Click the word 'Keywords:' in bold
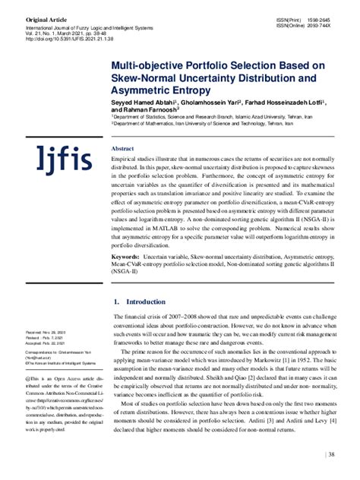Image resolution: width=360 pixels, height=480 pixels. pyautogui.click(x=125, y=257)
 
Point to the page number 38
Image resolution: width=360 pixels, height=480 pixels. pyautogui.click(x=331, y=455)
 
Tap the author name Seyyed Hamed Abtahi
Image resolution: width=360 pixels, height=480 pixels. pyautogui.click(x=145, y=100)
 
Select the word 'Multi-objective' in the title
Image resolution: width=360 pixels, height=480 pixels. pyautogui.click(x=146, y=65)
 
